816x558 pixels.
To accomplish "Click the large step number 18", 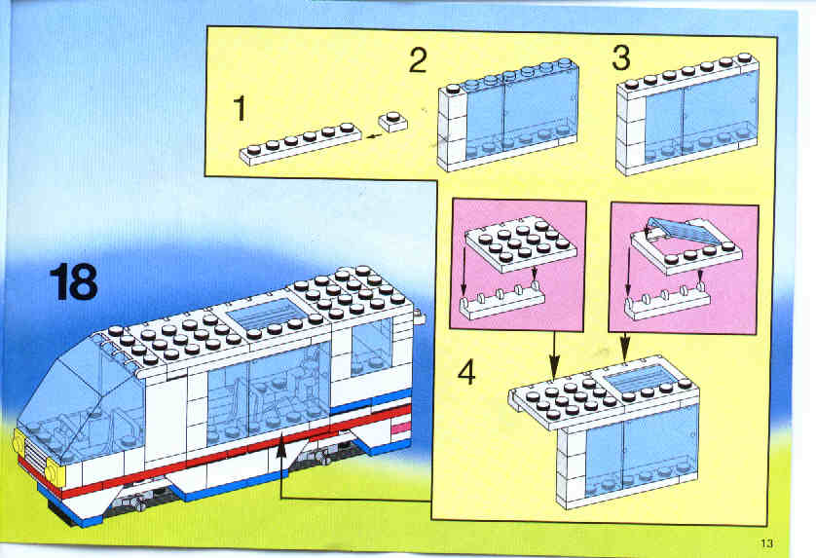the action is [x=73, y=281].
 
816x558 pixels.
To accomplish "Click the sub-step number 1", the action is [x=240, y=109].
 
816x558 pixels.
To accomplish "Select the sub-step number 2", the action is [x=418, y=60].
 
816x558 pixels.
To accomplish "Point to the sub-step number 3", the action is [x=621, y=57].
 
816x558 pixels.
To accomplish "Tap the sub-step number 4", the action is [x=466, y=373].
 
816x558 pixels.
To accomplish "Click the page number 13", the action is [x=766, y=543].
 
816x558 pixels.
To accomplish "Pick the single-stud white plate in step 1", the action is [x=393, y=122].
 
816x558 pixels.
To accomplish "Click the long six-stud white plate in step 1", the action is [x=300, y=144].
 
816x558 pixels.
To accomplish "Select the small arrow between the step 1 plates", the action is [x=373, y=136].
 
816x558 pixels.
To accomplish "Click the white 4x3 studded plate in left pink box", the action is [x=520, y=243].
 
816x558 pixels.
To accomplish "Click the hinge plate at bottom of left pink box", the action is [x=502, y=300].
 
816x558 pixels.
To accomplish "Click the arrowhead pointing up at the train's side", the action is [x=281, y=447].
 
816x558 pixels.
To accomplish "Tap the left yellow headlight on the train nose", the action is [x=19, y=445].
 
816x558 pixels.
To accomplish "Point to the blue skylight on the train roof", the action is [x=257, y=314].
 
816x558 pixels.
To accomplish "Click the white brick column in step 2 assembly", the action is [x=452, y=128].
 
